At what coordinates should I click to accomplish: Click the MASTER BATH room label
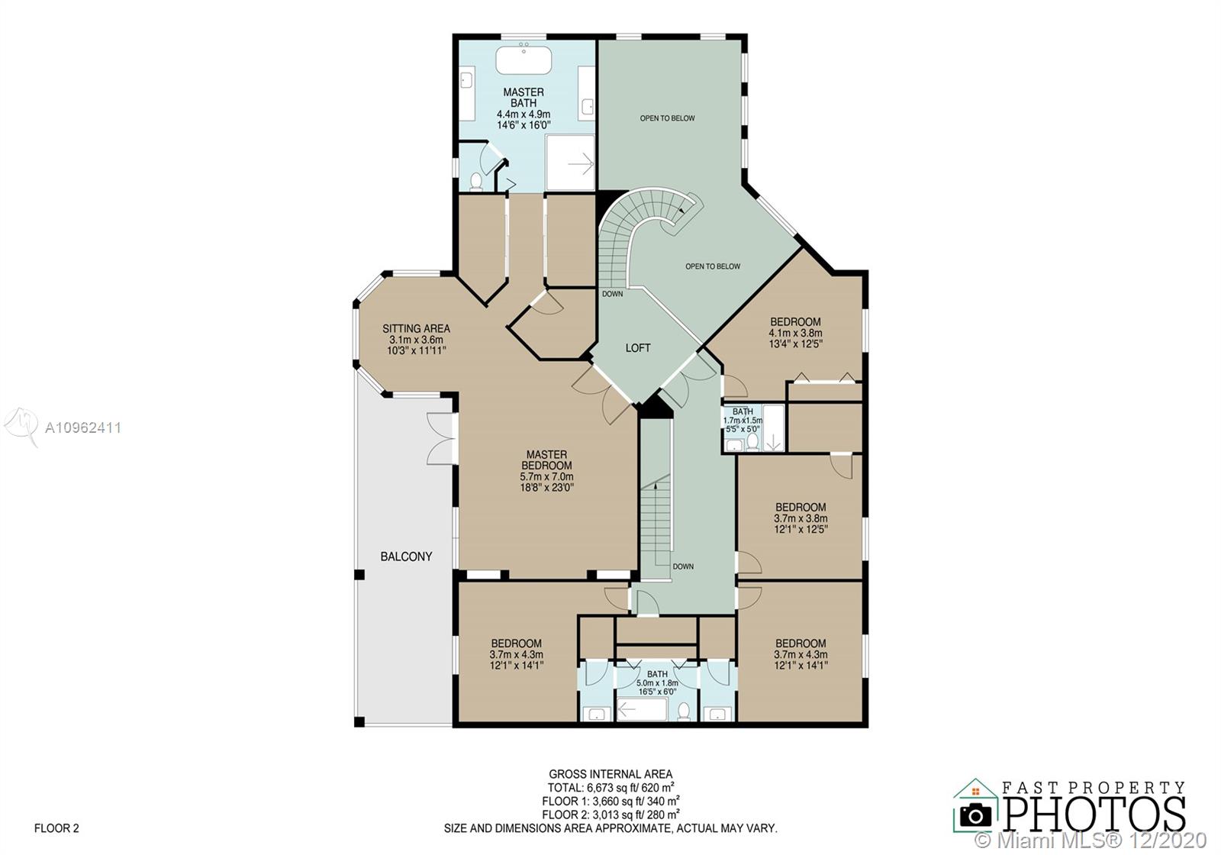[x=524, y=98]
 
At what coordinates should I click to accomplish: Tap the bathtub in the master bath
[x=524, y=60]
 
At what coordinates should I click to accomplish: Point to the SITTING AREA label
[x=416, y=329]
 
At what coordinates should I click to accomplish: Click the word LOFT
[x=638, y=348]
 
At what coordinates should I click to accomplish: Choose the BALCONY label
[x=406, y=557]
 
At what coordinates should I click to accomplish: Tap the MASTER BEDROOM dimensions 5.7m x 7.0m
[x=546, y=476]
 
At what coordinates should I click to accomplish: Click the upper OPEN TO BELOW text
[x=667, y=118]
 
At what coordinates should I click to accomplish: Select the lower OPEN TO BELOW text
[x=713, y=266]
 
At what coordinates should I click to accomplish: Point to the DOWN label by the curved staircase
[x=612, y=294]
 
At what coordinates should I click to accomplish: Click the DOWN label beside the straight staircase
[x=683, y=566]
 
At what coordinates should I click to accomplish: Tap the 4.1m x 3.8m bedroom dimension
[x=795, y=333]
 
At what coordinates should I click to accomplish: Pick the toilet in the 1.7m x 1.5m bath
[x=752, y=442]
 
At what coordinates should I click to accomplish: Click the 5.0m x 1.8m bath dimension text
[x=657, y=682]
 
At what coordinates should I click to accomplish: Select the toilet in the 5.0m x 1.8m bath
[x=684, y=711]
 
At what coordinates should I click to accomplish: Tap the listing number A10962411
[x=83, y=428]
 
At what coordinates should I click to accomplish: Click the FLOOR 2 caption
[x=56, y=828]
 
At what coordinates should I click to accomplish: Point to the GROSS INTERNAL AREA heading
[x=610, y=774]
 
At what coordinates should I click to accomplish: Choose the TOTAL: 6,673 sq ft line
[x=610, y=788]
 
